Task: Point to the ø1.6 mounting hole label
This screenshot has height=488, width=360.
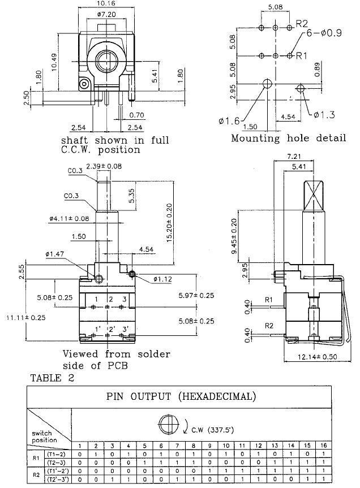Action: (229, 120)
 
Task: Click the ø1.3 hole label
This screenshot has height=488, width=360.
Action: (324, 115)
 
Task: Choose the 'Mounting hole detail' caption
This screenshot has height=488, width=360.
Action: (288, 137)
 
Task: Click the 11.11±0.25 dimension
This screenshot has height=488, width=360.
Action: (25, 317)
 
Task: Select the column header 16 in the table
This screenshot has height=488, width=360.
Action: (324, 446)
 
